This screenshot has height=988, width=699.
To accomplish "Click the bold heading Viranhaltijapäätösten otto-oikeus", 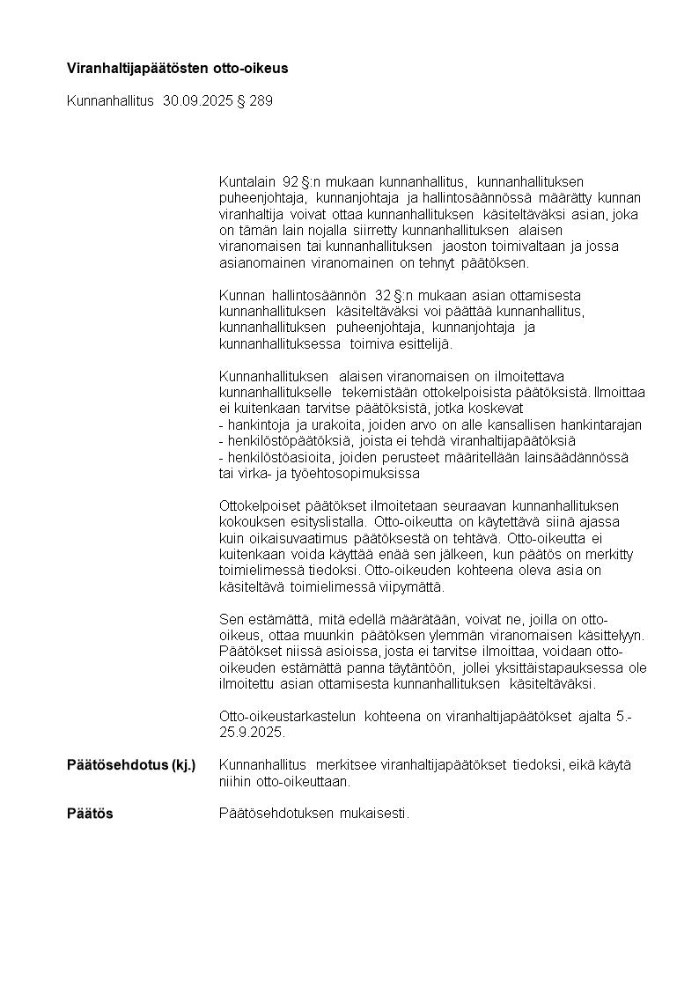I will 177,68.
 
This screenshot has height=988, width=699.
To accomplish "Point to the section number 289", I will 261,101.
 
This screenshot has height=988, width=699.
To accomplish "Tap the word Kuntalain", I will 247,181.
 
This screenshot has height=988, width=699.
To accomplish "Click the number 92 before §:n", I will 291,181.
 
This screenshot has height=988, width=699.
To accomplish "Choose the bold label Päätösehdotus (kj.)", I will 131,765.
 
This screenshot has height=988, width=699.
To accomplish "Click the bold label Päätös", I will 90,814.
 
